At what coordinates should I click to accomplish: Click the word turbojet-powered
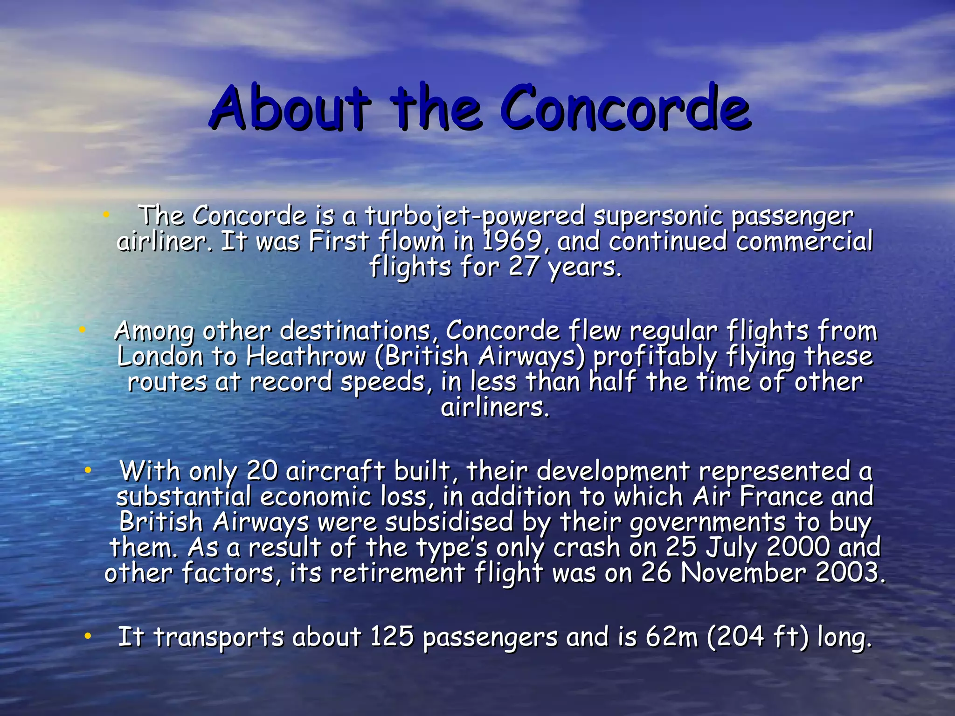pyautogui.click(x=474, y=216)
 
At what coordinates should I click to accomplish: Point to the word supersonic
pyautogui.click(x=657, y=216)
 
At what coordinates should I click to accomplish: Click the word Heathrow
pyautogui.click(x=306, y=357)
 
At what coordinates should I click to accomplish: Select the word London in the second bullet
pyautogui.click(x=160, y=357)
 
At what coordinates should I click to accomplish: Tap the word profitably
pyautogui.click(x=655, y=357)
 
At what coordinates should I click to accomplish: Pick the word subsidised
pyautogui.click(x=449, y=522)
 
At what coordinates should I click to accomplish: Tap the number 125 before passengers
pyautogui.click(x=392, y=637)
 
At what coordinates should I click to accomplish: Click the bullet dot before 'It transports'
pyautogui.click(x=87, y=636)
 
